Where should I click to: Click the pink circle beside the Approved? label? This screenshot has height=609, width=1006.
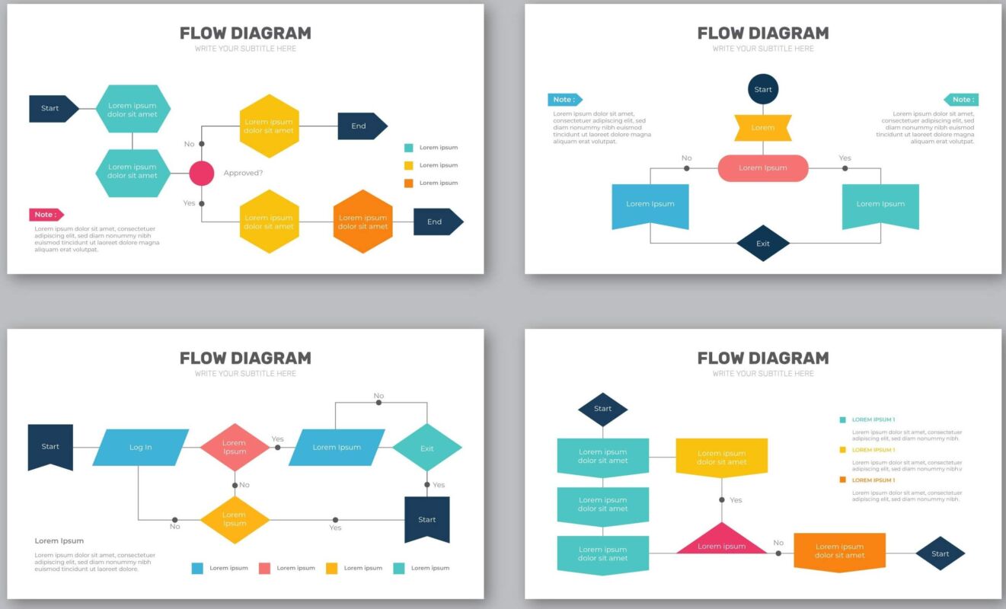tap(202, 173)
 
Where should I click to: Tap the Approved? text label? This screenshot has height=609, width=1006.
tap(243, 173)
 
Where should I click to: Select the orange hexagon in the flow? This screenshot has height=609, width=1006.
tap(362, 222)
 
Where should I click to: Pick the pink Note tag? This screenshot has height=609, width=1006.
tap(46, 215)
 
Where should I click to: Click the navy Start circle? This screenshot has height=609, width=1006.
tap(763, 89)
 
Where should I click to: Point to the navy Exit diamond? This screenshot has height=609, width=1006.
tap(763, 244)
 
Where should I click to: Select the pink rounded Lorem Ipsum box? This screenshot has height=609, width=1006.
tap(763, 167)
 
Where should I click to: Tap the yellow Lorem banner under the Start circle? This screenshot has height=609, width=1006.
tap(763, 128)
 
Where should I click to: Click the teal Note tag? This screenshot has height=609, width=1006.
tap(961, 100)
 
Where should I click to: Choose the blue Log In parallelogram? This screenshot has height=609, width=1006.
tap(140, 447)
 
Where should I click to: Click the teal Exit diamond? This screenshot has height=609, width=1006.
tap(426, 448)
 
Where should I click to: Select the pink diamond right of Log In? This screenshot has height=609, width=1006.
tap(235, 447)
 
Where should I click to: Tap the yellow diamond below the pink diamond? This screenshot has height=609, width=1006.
tap(235, 520)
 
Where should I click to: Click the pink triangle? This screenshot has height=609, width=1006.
tap(721, 541)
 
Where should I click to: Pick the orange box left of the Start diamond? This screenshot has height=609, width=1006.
tap(839, 551)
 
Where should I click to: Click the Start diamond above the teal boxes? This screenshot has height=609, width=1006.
tap(602, 409)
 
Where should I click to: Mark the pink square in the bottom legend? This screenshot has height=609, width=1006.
tap(265, 568)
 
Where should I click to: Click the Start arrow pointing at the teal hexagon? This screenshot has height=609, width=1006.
tap(53, 108)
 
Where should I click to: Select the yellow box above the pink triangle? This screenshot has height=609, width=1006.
tap(721, 457)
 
